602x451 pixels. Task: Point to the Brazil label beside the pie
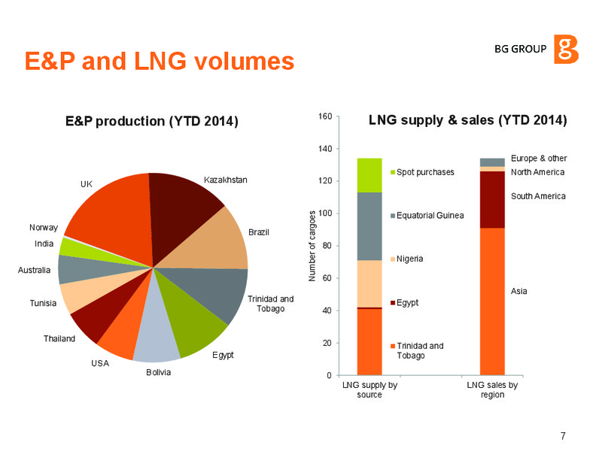258,232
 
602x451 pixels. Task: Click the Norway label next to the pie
44,228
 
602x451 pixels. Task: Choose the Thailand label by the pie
59,339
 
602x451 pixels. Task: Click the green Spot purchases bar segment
369,175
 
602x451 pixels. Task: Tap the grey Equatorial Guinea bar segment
369,226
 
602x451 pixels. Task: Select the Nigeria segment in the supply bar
369,284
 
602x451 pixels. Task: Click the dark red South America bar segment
492,200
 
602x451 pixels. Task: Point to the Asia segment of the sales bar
492,301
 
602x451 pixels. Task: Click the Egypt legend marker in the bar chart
393,303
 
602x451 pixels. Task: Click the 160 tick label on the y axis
325,117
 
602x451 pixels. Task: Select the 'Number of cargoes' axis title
312,246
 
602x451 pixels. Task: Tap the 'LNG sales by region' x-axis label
492,389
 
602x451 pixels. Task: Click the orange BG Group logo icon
566,49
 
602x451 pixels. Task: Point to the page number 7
563,436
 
